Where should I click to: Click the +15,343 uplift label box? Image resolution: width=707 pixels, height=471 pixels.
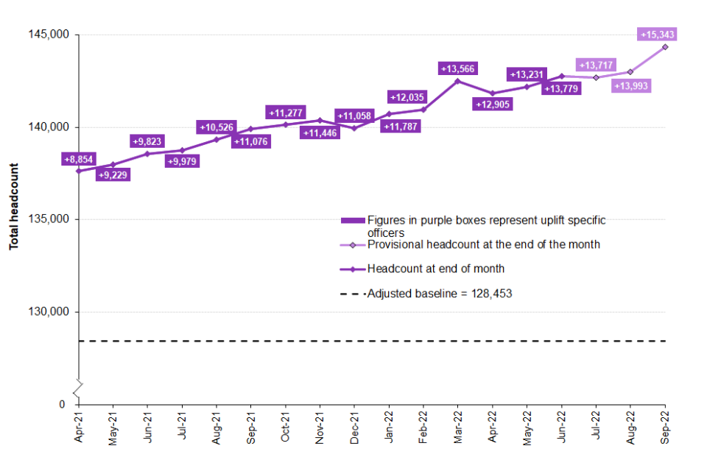coord(658,35)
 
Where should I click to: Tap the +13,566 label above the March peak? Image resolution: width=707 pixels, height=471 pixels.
coord(457,68)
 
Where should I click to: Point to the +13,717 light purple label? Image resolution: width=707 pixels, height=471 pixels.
coord(595,65)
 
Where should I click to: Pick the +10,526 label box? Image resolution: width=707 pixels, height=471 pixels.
coord(216,127)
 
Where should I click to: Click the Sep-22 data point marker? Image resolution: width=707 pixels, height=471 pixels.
coord(665,46)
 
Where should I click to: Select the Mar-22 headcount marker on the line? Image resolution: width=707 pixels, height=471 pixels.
coord(457,81)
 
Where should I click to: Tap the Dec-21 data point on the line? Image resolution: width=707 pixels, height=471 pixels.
coord(354,128)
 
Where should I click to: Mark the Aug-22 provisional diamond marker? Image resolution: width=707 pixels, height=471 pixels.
coord(630,72)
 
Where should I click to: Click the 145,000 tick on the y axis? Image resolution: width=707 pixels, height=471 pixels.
coord(49,35)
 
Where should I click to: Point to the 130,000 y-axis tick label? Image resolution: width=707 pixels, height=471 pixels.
coord(49,312)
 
